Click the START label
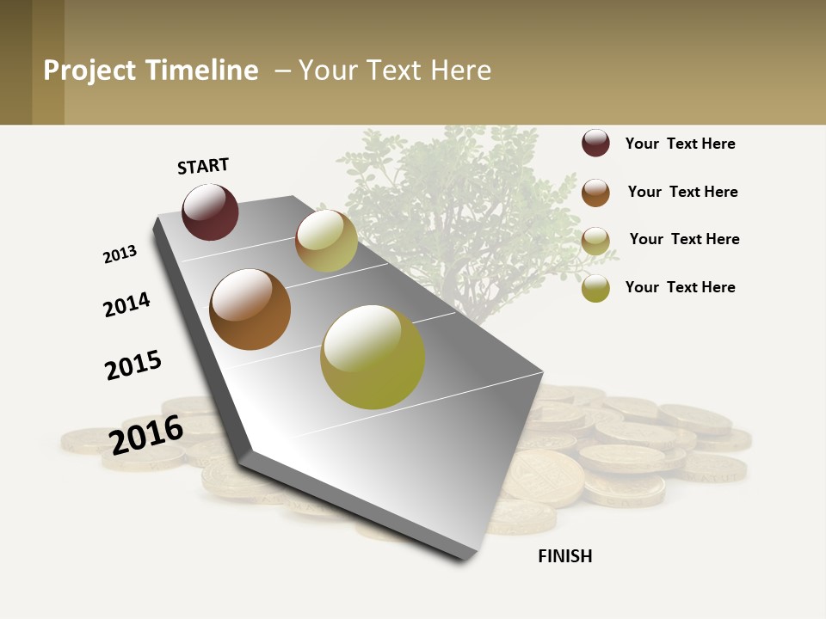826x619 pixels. point(203,166)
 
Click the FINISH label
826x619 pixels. point(564,556)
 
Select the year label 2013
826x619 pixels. point(120,254)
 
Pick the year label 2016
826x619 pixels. point(146,434)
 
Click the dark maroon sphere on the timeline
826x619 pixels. point(210,211)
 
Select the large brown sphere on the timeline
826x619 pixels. point(250,309)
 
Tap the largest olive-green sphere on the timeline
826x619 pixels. point(373,357)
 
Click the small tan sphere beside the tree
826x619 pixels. point(326,241)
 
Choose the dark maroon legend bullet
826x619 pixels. point(595,144)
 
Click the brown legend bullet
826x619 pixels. point(595,192)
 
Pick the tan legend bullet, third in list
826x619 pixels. point(595,240)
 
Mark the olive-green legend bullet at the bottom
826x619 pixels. point(595,288)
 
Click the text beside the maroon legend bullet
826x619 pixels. point(680,144)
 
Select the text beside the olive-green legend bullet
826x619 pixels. point(680,287)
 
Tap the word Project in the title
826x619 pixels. point(90,70)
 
